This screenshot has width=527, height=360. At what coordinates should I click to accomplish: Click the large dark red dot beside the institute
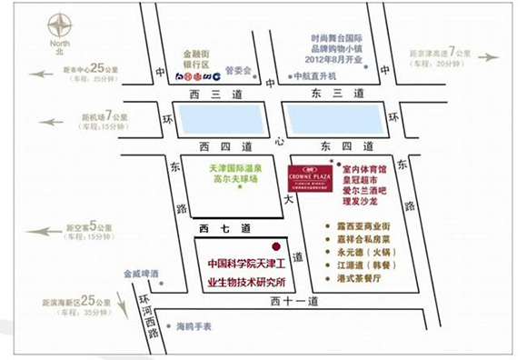275,246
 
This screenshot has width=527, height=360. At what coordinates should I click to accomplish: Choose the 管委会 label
238,70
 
